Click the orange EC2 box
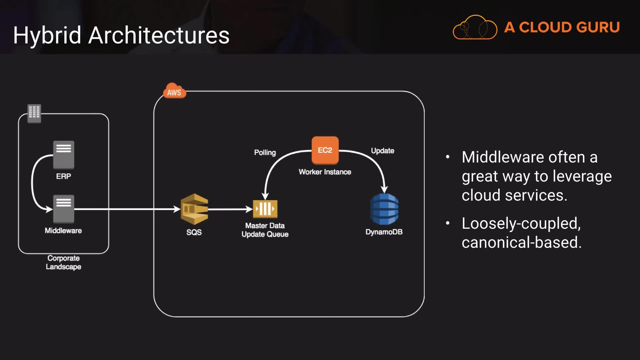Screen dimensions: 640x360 coord(325,150)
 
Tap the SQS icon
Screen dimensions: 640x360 coord(194,209)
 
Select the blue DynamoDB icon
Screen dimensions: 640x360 coord(384,209)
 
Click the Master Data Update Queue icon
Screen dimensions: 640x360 coord(265,209)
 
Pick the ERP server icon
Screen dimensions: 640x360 coord(64,155)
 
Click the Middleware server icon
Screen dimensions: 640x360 coord(64,209)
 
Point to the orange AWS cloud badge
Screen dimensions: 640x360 coord(174,91)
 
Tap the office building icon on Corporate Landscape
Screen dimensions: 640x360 coord(34,113)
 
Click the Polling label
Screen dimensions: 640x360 coord(265,153)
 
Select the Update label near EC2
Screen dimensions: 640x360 coord(383,151)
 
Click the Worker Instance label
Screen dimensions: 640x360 coord(325,172)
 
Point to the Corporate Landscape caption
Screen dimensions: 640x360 coord(63,262)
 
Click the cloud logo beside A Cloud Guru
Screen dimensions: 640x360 coord(475,27)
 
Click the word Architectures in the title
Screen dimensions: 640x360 coord(159,35)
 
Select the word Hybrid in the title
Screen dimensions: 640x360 coord(47,36)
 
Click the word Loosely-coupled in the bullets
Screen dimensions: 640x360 coord(521,224)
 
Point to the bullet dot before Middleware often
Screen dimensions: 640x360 coord(448,157)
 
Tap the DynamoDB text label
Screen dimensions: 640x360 coord(384,232)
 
